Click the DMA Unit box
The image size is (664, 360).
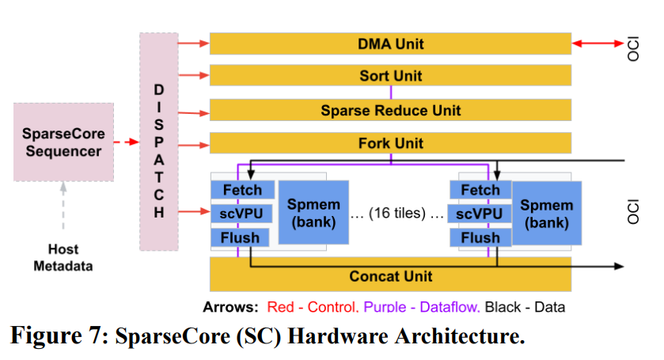[x=390, y=44]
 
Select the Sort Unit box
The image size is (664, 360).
[x=390, y=75]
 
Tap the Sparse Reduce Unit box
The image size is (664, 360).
[x=390, y=110]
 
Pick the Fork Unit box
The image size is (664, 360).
[x=390, y=142]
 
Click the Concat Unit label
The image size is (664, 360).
[x=390, y=277]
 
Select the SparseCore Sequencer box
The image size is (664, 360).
[x=63, y=142]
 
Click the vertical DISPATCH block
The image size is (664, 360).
[x=159, y=142]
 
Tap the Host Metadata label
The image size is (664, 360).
[x=63, y=257]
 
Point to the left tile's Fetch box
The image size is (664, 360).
[x=243, y=190]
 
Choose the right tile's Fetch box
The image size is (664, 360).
[x=480, y=190]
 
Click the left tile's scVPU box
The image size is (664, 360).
[x=241, y=214]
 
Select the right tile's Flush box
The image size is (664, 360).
[x=480, y=237]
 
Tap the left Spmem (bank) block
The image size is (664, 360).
[x=313, y=213]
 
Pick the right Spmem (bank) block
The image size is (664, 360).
[x=547, y=214]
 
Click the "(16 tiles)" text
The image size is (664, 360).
[x=397, y=213]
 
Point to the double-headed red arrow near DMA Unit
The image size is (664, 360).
[x=598, y=44]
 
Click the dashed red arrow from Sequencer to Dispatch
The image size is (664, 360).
[x=126, y=142]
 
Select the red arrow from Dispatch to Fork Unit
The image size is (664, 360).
[x=194, y=146]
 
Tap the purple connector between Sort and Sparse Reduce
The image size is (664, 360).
[x=391, y=93]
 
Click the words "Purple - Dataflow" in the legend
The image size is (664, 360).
[x=421, y=307]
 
